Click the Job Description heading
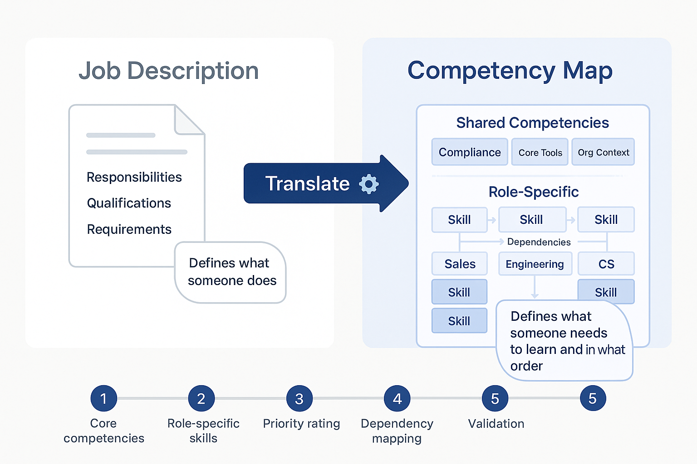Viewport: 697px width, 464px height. (168, 71)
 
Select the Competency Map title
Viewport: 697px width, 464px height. (510, 71)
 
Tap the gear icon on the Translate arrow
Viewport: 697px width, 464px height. (368, 184)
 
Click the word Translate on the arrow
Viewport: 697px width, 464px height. (307, 184)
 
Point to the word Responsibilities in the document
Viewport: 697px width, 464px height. (134, 177)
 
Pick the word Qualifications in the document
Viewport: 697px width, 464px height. (129, 203)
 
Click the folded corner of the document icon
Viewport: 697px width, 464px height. (188, 120)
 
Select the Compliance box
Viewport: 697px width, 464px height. (470, 152)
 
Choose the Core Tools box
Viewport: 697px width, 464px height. (540, 152)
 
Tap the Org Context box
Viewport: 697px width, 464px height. (603, 152)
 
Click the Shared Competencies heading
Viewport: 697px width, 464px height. (532, 123)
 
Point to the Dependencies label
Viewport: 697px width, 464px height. (539, 242)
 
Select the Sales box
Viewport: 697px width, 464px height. (460, 264)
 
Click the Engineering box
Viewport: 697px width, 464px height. (535, 264)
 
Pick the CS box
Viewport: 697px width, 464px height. (606, 264)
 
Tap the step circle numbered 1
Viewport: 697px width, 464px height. (103, 398)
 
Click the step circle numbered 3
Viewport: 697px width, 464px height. (299, 398)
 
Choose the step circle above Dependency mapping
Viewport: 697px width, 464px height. (397, 398)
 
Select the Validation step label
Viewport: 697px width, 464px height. (496, 424)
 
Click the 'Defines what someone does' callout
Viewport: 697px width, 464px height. (231, 272)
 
